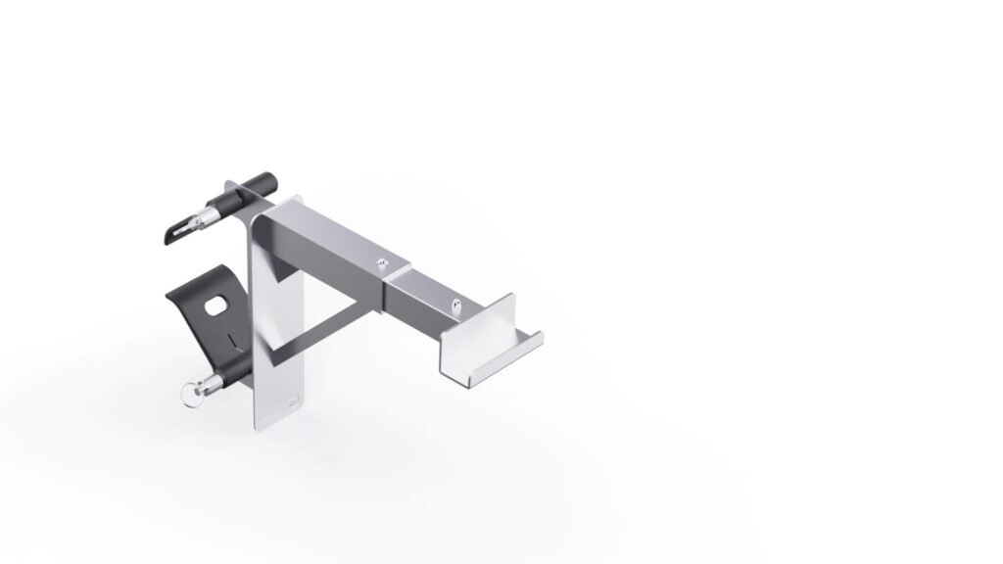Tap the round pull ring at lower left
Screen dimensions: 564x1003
click(185, 394)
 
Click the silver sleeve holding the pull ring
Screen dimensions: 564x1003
click(207, 383)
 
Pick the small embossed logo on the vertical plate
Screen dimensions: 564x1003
click(292, 402)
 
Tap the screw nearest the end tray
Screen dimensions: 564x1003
click(456, 303)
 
